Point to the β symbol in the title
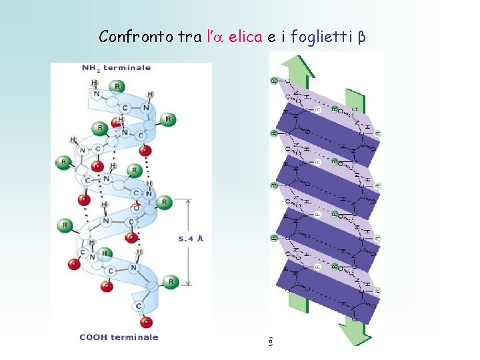(361, 37)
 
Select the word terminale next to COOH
(135, 337)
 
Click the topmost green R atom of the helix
(118, 85)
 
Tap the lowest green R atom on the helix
(171, 283)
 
